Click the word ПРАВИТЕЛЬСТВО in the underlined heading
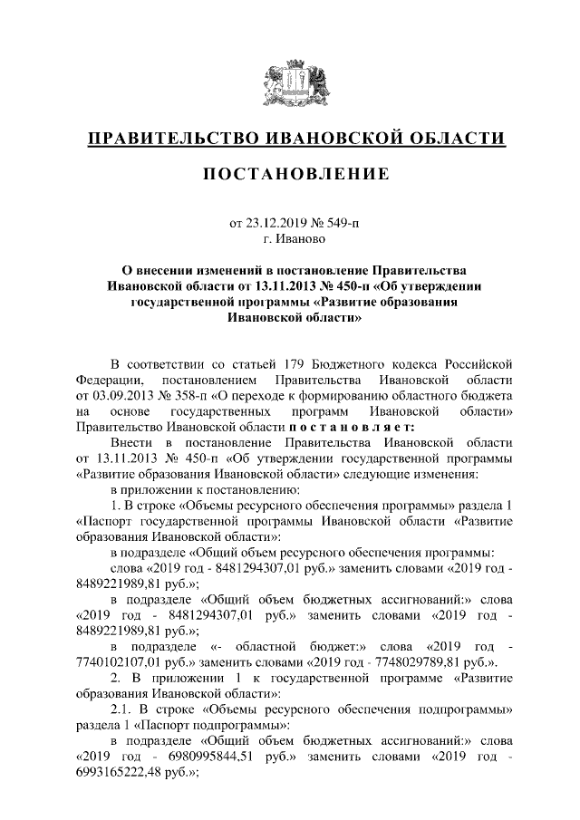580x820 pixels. click(169, 139)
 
